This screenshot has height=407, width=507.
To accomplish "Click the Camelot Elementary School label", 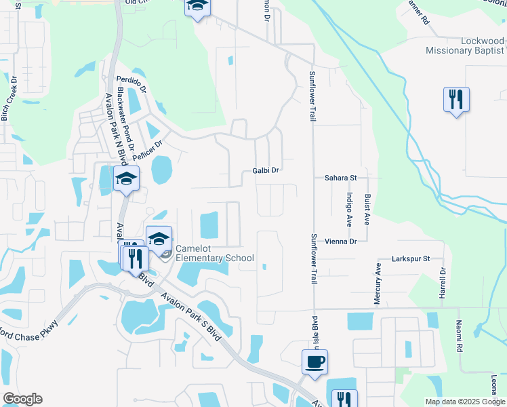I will tap(214, 253).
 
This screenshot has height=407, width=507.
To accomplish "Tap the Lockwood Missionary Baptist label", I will tap(464, 46).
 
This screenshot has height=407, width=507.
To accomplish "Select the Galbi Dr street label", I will tap(266, 171).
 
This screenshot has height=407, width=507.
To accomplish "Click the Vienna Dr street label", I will tap(340, 241).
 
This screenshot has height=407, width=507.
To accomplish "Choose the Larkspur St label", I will tap(411, 259).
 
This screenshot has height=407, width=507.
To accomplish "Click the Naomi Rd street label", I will tap(459, 336).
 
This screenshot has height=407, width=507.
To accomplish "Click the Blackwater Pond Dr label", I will tap(125, 119).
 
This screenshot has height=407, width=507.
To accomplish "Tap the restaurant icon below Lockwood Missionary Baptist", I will tap(456, 99).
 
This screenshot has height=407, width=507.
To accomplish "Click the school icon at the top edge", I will tap(197, 6).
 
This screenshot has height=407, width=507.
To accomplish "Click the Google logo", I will tap(22, 399).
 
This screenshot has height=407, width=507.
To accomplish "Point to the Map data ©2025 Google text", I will tap(464, 402).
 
